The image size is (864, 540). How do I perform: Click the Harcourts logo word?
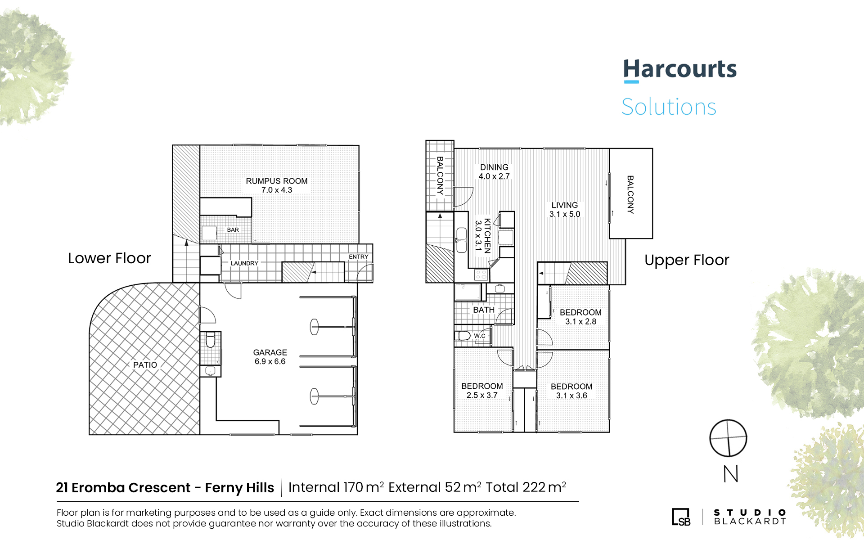pos(679,69)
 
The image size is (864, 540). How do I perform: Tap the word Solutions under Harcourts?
pos(669,107)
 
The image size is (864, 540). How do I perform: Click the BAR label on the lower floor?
pos(233,230)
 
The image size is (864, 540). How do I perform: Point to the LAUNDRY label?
pos(244,263)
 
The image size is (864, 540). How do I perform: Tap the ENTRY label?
pos(359,257)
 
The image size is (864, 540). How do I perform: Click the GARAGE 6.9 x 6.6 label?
pos(270,357)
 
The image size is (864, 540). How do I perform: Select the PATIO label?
pos(145,365)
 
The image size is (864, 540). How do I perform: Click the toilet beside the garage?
pos(210,340)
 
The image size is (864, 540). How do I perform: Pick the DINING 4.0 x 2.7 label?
pos(494,171)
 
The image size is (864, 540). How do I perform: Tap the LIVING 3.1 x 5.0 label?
pos(565,210)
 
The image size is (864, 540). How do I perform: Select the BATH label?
pos(484,310)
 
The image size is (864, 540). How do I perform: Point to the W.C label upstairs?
pos(480,336)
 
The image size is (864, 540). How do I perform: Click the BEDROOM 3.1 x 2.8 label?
pos(580,317)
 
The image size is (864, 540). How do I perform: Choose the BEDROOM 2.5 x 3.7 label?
pos(482,391)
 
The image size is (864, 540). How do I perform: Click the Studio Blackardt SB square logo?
pos(681,517)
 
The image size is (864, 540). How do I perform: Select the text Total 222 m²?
pos(526,487)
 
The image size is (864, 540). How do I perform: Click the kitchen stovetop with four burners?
pos(481,274)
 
